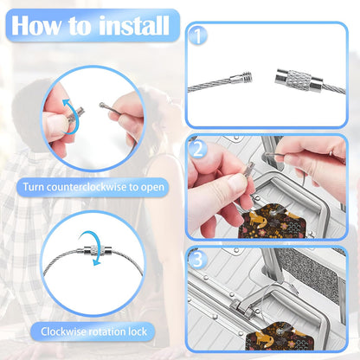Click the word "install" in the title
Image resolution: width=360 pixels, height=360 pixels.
click(x=134, y=25)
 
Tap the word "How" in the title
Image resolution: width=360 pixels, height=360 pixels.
click(x=36, y=25)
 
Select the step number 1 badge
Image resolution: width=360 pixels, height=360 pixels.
click(x=198, y=35)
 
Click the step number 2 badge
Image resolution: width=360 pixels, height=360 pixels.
click(x=198, y=149)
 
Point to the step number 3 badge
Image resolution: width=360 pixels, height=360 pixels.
click(x=198, y=260)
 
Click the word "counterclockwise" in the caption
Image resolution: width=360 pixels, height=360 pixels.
click(x=87, y=187)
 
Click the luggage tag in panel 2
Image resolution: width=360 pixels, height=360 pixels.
click(x=270, y=221)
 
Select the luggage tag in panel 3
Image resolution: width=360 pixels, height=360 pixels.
click(x=280, y=336)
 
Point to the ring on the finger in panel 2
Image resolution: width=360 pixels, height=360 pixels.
click(x=331, y=154)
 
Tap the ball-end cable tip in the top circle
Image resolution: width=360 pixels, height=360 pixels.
click(x=102, y=105)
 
